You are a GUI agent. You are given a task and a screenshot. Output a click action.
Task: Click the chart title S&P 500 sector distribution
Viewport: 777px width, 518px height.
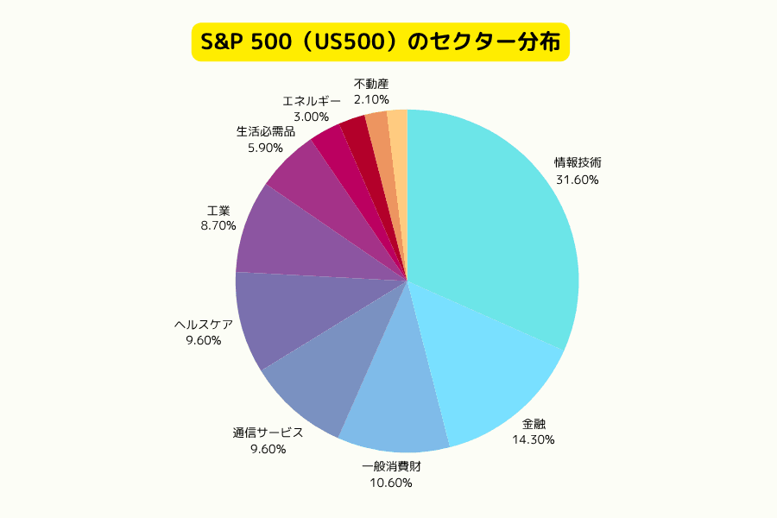click(380, 41)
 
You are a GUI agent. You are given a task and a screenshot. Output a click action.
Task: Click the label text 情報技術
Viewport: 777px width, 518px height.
click(578, 161)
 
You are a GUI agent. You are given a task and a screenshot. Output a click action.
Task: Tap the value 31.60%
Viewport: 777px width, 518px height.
click(578, 180)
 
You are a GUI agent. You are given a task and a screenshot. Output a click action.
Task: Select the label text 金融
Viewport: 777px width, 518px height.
click(534, 423)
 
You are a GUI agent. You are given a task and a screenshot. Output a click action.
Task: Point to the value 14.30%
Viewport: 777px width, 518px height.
click(534, 439)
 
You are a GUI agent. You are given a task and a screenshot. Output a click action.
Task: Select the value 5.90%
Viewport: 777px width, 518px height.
click(266, 148)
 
